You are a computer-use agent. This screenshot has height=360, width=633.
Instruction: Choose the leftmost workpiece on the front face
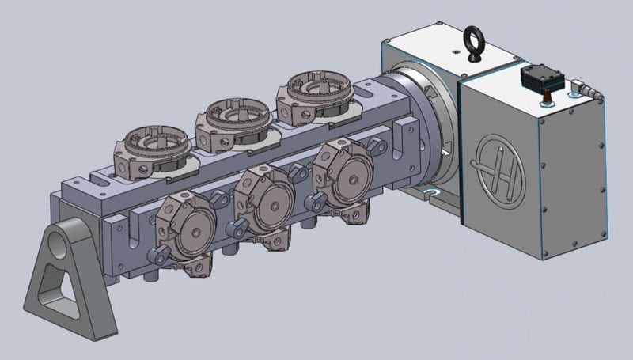pyautogui.click(x=188, y=230)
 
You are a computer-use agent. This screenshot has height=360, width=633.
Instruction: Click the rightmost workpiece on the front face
pyautogui.click(x=340, y=180)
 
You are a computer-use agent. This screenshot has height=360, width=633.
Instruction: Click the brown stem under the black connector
pyautogui.click(x=545, y=99)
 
